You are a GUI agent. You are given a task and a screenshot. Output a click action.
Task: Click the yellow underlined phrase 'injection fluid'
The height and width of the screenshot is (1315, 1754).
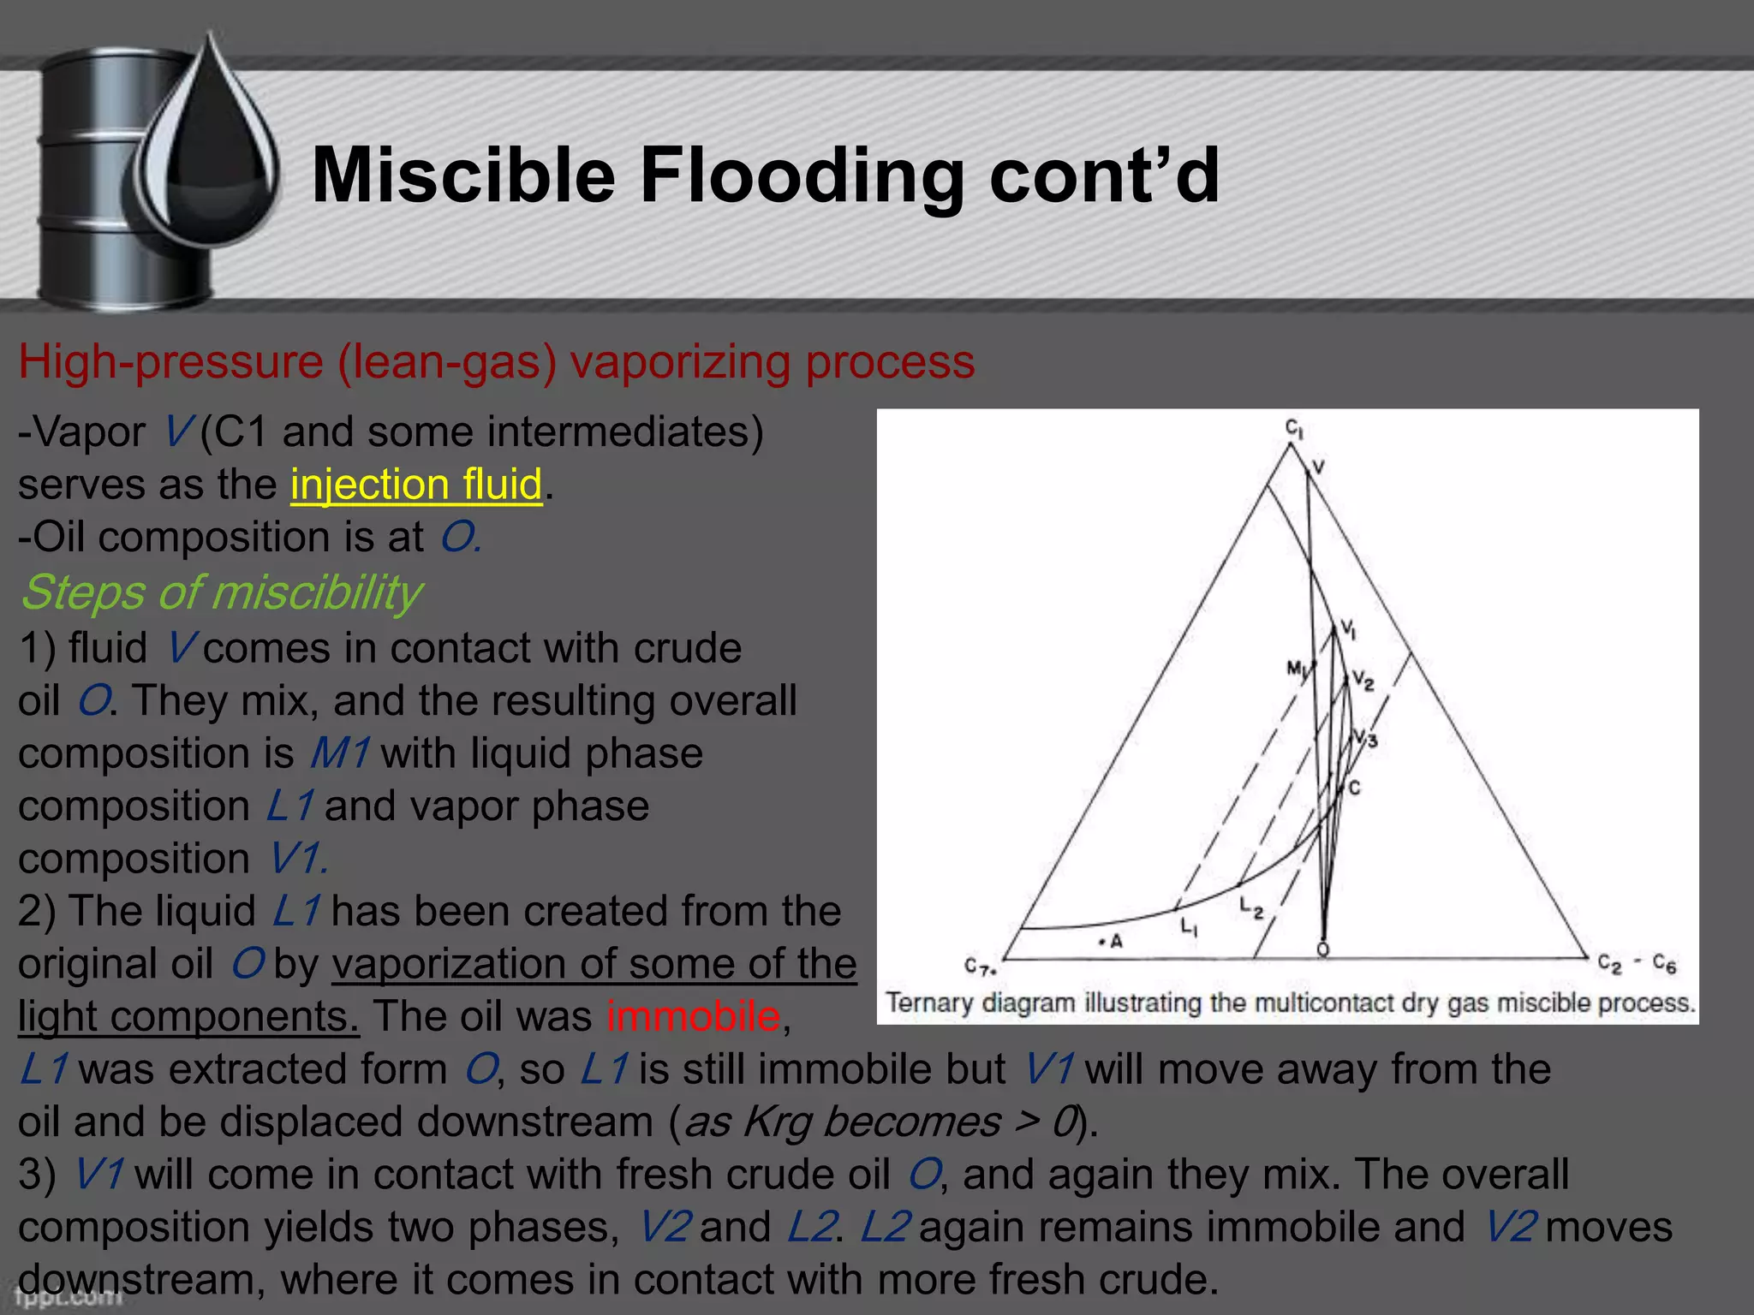point(416,485)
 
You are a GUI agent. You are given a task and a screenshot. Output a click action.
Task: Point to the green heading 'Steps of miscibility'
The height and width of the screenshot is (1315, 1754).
point(221,592)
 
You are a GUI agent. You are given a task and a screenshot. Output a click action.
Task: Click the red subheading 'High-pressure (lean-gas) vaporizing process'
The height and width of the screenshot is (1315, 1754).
point(497,361)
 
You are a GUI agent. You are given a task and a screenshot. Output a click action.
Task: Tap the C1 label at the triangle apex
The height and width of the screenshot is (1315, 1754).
point(1293,428)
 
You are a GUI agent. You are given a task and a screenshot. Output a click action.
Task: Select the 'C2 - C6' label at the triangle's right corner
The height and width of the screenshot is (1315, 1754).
point(1637,964)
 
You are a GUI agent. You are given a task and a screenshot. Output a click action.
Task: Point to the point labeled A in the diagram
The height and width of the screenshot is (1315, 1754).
point(1111,942)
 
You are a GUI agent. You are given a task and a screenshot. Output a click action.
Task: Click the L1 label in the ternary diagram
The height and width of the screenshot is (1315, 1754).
point(1190,925)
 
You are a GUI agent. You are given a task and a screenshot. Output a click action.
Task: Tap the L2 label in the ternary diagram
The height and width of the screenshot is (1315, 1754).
point(1251,907)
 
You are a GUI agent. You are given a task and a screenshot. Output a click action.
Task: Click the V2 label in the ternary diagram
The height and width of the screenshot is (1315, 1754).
point(1362,681)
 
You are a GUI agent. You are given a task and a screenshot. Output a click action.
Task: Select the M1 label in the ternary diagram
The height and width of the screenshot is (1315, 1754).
point(1298,669)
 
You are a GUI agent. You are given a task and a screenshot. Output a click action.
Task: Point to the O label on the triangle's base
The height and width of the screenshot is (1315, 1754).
point(1323,950)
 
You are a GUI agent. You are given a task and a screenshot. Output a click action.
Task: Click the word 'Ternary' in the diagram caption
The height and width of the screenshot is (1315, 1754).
point(929,1003)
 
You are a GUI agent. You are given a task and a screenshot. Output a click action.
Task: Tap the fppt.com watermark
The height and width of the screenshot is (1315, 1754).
point(69,1298)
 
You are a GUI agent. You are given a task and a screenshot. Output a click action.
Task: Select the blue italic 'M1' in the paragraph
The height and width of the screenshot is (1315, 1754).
point(339,753)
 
